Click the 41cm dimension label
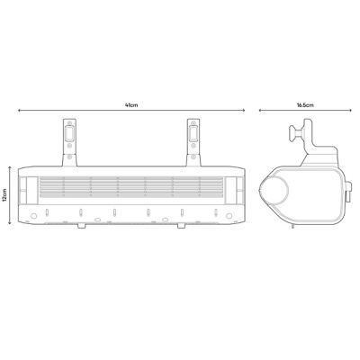coord(131,105)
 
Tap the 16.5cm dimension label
coord(305,105)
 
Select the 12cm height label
coord(4,195)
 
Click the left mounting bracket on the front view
coord(69,142)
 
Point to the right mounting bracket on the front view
coord(193,142)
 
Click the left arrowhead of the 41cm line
coord(19,111)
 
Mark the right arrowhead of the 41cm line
coord(244,111)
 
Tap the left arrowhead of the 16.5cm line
coord(260,111)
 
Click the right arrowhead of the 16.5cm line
coord(350,111)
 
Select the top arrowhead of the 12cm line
coord(10,167)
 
